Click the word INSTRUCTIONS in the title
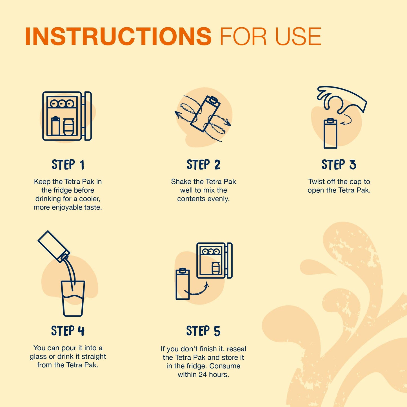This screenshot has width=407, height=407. click(x=118, y=36)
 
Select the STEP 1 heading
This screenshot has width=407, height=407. click(x=68, y=165)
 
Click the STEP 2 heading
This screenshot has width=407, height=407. click(x=203, y=165)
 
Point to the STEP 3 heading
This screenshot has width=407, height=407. click(x=339, y=165)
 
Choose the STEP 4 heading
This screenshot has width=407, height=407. click(x=68, y=331)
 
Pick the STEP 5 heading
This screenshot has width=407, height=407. click(x=203, y=331)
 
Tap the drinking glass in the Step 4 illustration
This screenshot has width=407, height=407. click(x=73, y=299)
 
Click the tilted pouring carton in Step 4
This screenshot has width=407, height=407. click(x=54, y=247)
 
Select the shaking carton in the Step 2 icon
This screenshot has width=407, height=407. click(x=205, y=114)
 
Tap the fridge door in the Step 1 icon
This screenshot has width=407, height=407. click(x=88, y=116)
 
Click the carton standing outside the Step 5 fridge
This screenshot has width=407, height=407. click(x=183, y=284)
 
